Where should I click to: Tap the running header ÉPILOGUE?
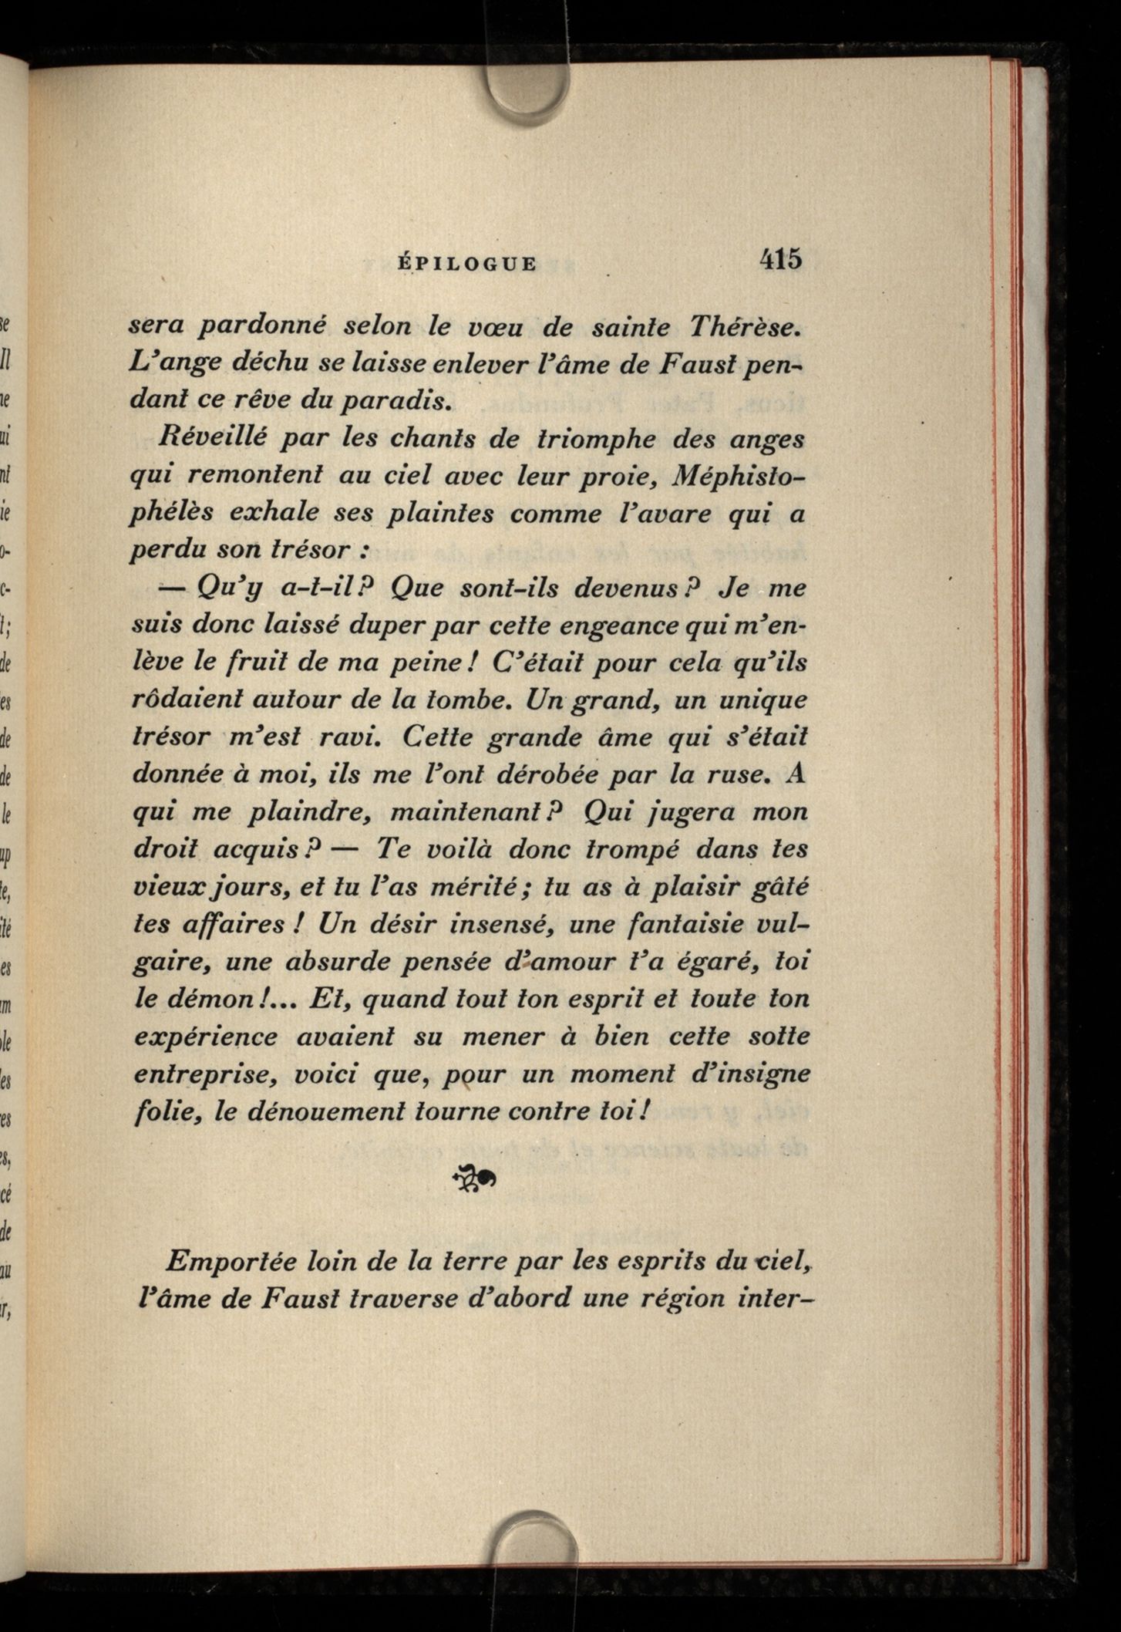coord(466,263)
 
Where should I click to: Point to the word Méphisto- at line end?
coord(739,477)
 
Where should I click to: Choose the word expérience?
coord(206,1037)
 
